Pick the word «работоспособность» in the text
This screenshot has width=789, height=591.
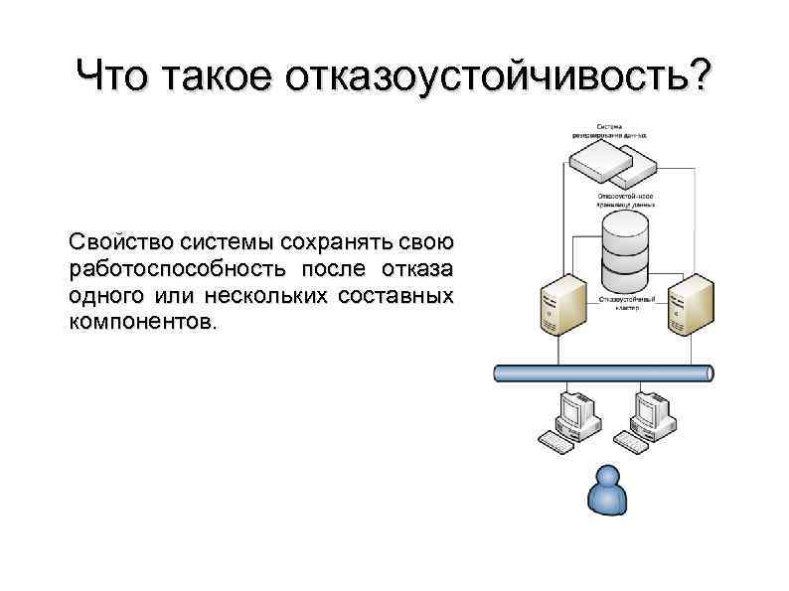(174, 269)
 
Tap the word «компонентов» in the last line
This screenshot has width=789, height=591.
(139, 323)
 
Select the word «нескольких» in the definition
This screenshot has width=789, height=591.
(267, 296)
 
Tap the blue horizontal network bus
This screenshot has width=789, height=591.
(603, 373)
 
